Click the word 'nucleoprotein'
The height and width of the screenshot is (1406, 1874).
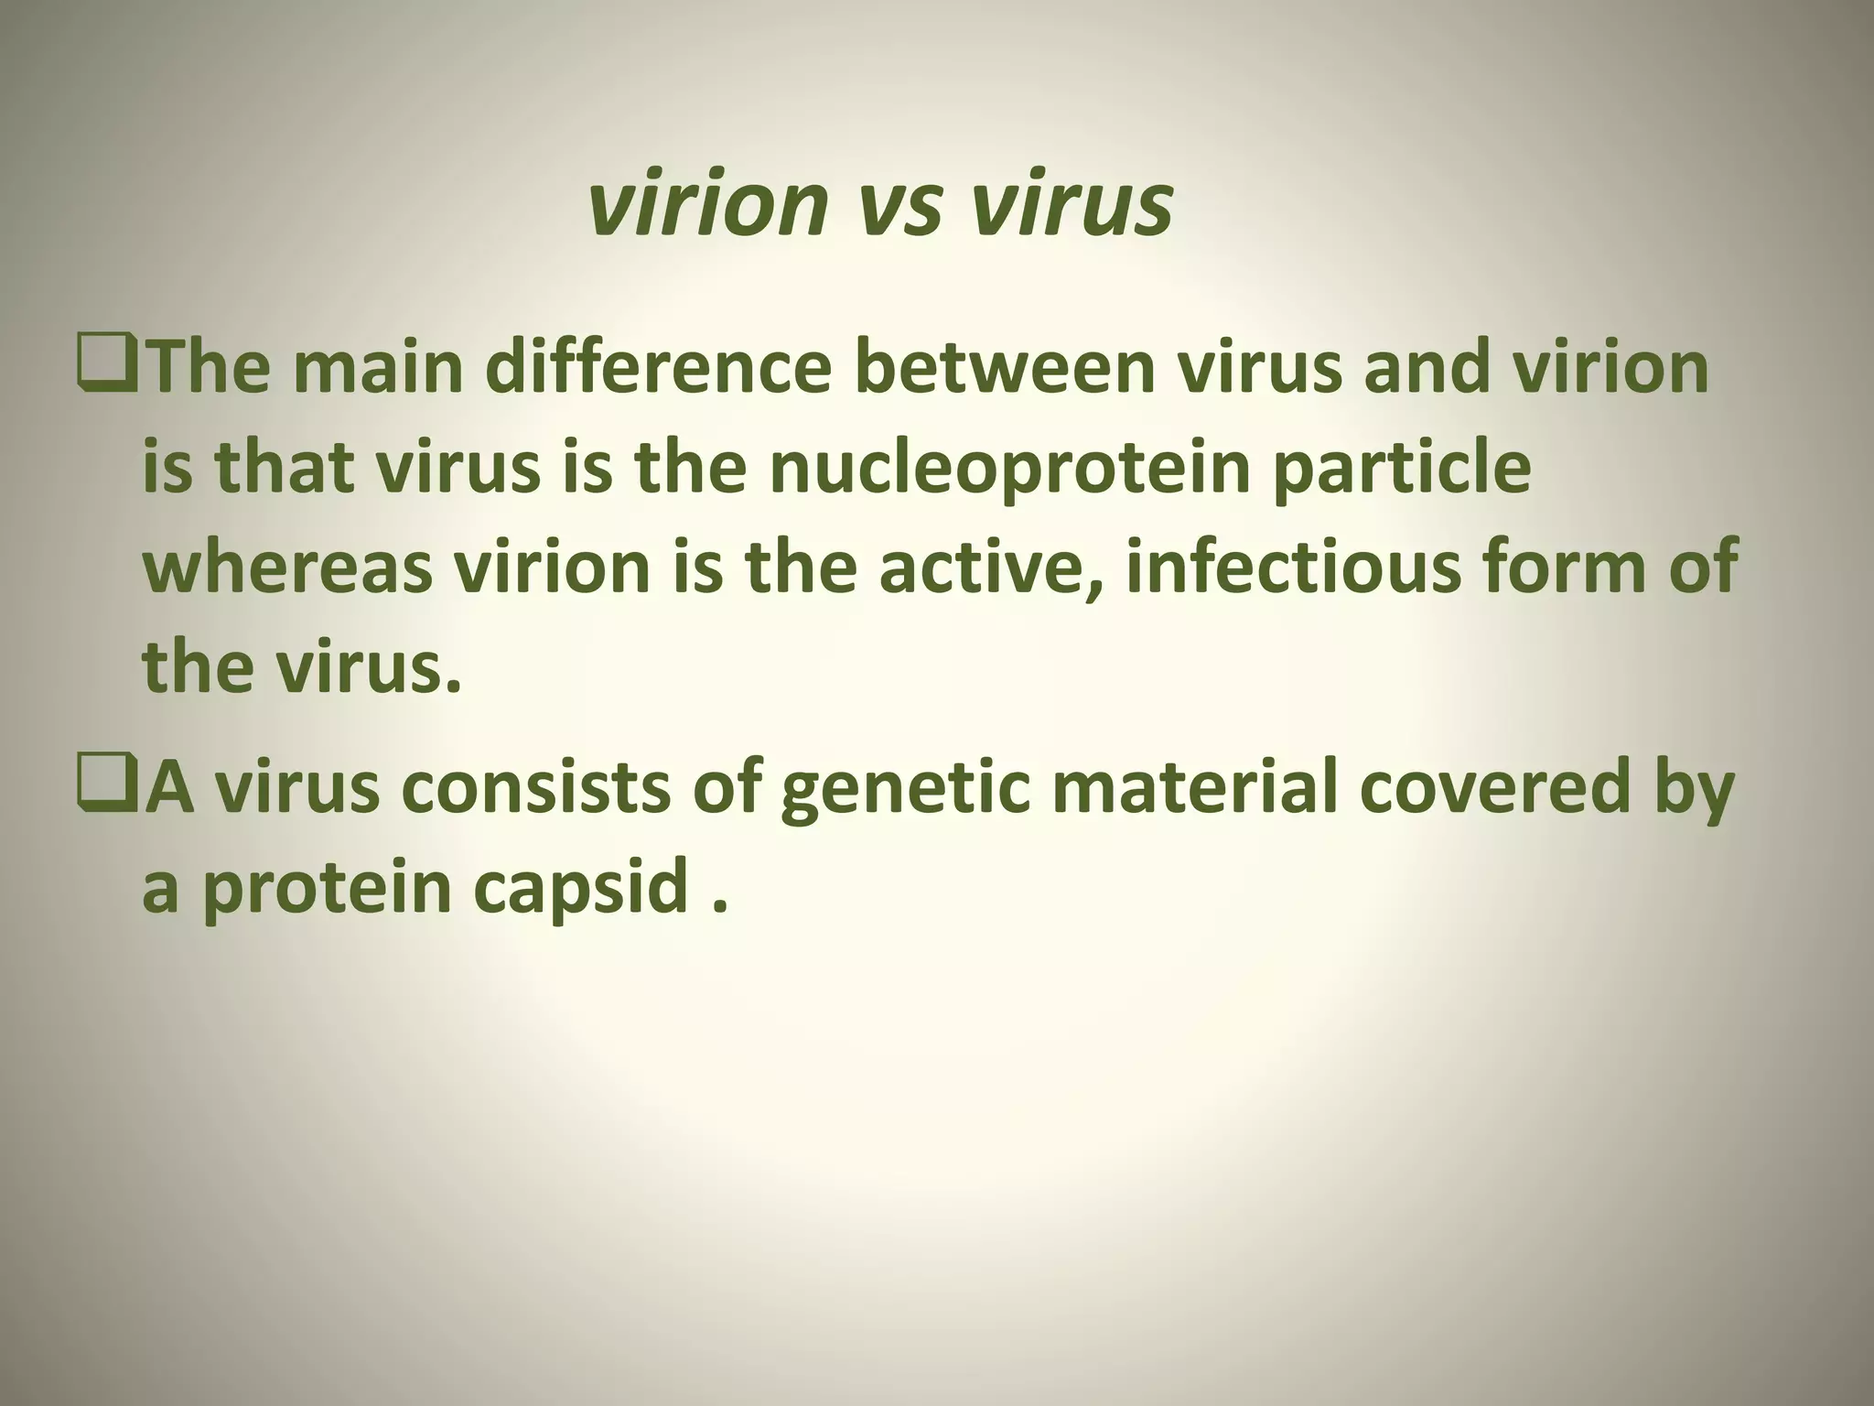1008,469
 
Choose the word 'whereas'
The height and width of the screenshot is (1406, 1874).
287,568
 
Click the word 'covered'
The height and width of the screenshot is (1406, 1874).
1497,788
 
